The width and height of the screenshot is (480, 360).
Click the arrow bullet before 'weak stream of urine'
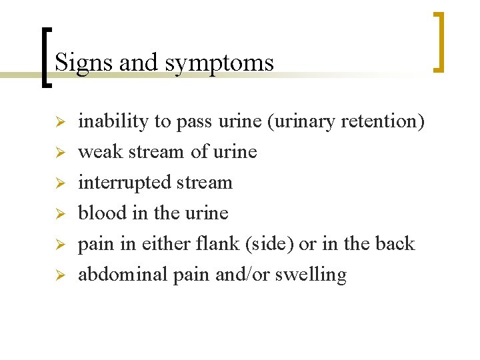(59, 153)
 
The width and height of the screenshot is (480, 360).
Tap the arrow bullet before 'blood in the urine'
(59, 214)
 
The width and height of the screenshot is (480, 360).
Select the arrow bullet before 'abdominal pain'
(59, 275)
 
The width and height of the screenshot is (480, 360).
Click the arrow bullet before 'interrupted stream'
(59, 183)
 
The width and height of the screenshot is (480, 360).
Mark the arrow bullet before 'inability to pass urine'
(59, 122)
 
